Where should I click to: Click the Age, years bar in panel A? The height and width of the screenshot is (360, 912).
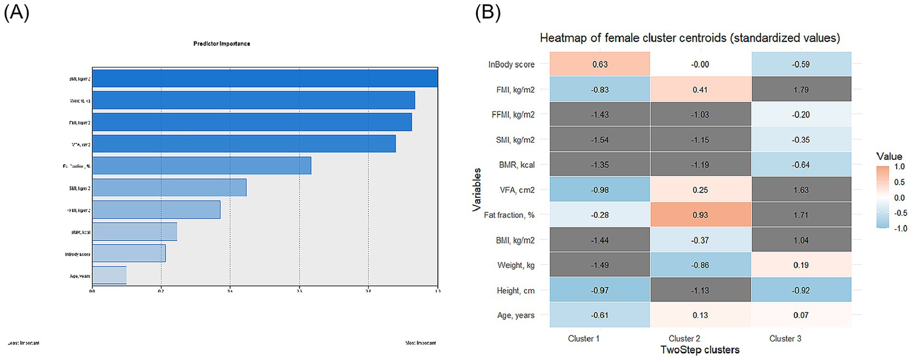pos(109,276)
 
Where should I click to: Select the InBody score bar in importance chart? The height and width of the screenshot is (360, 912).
pos(129,253)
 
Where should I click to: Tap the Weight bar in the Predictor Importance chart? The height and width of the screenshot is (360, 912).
pos(253,100)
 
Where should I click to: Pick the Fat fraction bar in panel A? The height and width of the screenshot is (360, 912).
pos(201,166)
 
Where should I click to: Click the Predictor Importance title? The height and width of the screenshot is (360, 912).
pos(222,44)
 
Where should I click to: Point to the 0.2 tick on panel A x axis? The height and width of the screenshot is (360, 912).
pos(161,291)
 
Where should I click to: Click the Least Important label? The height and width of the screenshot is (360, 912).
pos(24,343)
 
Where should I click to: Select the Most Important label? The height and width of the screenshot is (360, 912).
pos(420,343)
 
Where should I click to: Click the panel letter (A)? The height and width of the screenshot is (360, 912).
pos(16,12)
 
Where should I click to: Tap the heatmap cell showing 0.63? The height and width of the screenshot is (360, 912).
pos(600,64)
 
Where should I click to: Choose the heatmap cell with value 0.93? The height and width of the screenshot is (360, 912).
pos(700,215)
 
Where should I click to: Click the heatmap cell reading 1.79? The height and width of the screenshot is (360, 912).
pos(801,90)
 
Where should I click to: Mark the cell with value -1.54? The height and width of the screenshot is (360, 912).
pos(600,140)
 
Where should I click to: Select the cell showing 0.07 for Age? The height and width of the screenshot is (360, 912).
pos(801,315)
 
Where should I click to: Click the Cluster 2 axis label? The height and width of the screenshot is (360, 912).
pos(684,338)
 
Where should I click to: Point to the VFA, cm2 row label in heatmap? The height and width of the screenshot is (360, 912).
pos(517,190)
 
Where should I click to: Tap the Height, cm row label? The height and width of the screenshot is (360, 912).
pos(515,290)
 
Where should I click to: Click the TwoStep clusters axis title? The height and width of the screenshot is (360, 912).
pos(699,350)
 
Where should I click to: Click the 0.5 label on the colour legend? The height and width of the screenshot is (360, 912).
pos(899,182)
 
